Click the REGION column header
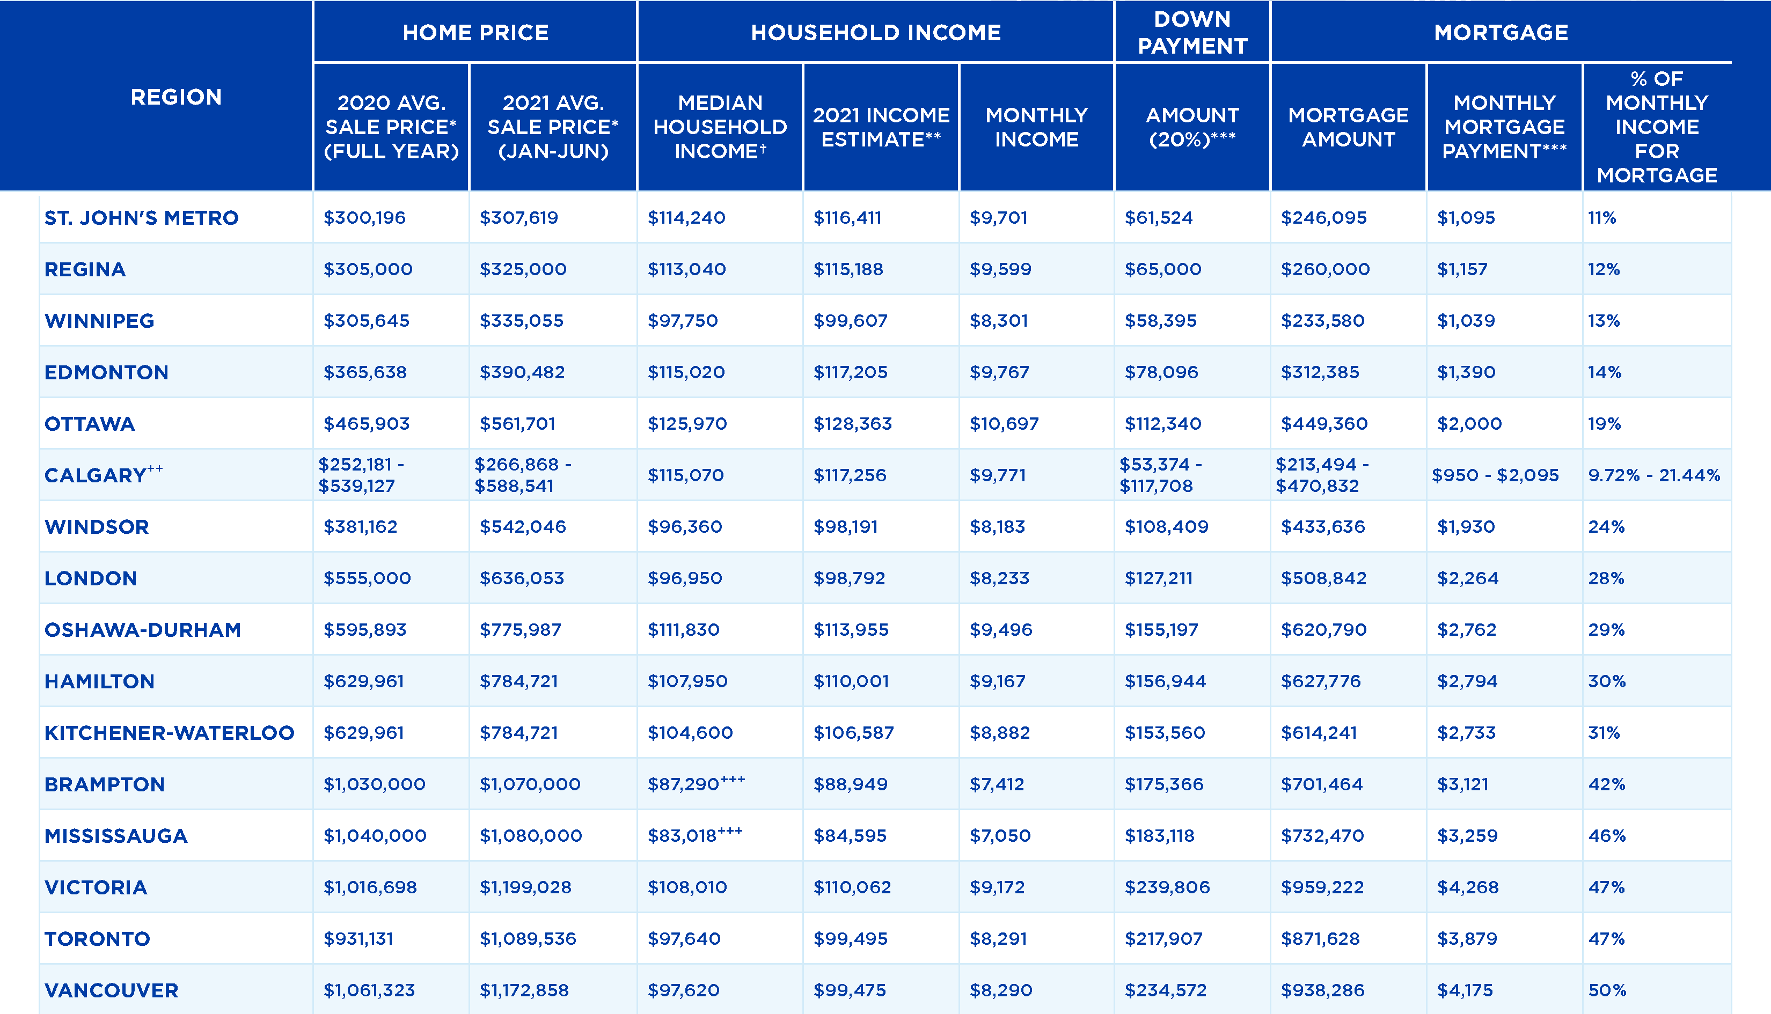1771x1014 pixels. click(176, 97)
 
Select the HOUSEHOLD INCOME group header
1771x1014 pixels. click(875, 32)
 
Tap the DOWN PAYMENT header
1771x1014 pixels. click(1192, 32)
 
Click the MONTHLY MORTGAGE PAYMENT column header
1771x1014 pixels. click(1504, 127)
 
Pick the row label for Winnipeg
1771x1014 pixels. click(99, 320)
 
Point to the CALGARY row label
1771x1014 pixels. click(96, 475)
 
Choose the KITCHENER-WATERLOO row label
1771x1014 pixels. click(169, 733)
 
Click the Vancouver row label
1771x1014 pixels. click(112, 990)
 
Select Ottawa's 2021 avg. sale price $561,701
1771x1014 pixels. click(517, 423)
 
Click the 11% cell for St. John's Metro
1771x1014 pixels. click(1602, 218)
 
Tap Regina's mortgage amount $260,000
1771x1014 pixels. click(1324, 269)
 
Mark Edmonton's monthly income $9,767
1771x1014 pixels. click(999, 372)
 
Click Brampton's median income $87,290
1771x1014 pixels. click(684, 784)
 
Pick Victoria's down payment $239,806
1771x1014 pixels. click(1167, 887)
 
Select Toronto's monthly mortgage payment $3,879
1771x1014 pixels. click(1467, 939)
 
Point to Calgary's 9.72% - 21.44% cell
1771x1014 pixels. click(1654, 475)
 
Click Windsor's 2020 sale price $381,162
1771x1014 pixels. click(360, 526)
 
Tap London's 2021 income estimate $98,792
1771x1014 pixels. click(849, 578)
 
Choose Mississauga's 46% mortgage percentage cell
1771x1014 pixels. click(1607, 836)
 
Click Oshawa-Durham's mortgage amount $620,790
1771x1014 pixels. click(1323, 629)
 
